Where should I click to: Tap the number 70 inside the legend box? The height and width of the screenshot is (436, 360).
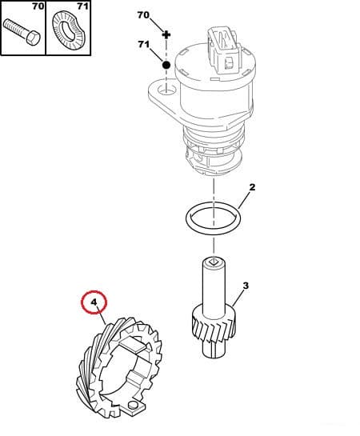click(38, 6)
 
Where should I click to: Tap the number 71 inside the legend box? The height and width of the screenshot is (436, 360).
click(82, 6)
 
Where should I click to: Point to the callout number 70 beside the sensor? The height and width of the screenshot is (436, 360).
click(143, 15)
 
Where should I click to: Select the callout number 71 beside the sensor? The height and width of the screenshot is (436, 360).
click(143, 44)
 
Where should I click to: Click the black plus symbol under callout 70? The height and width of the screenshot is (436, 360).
click(166, 34)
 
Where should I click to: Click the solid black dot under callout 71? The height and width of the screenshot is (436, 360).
click(166, 65)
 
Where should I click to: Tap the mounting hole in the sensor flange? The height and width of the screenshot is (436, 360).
click(166, 90)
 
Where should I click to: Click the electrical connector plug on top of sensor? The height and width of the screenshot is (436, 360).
click(223, 51)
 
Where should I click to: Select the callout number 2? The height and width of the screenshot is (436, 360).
click(252, 187)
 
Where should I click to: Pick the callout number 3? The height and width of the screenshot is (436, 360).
click(246, 286)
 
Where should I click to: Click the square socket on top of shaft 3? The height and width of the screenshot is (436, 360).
click(214, 261)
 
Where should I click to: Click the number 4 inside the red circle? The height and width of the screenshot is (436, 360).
click(94, 302)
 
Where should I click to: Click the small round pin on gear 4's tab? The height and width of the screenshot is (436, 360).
click(133, 405)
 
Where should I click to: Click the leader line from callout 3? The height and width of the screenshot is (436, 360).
click(238, 298)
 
